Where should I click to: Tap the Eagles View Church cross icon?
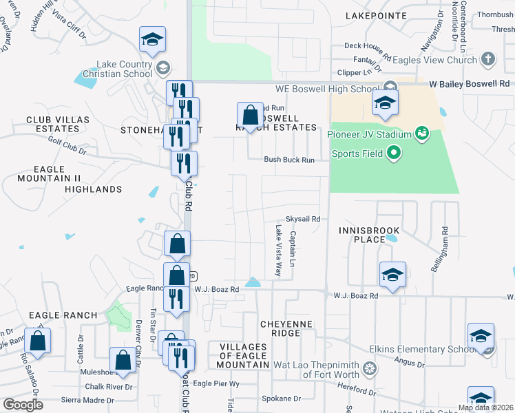point(488,59)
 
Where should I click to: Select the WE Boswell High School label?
point(327,89)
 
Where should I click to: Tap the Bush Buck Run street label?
point(289,160)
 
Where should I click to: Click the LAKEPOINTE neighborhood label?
point(373,15)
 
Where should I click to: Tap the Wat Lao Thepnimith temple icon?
point(371,368)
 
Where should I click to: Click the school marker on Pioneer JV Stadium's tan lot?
point(386,104)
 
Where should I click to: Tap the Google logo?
point(23,405)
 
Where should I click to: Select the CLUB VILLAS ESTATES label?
point(58,124)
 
